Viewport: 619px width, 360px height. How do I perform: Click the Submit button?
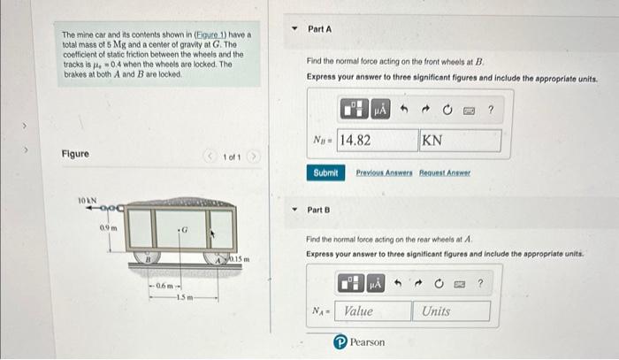click(x=325, y=172)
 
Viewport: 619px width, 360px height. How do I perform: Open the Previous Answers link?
click(x=384, y=172)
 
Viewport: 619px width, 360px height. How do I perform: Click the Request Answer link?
click(x=445, y=172)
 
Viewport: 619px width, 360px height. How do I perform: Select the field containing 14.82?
click(x=378, y=140)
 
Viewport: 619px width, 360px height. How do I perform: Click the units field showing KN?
click(x=461, y=140)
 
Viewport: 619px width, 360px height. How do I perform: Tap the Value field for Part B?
click(x=372, y=311)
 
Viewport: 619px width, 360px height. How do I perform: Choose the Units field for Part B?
click(x=451, y=311)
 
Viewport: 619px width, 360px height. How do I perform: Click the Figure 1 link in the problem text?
click(x=210, y=34)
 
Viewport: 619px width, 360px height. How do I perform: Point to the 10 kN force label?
click(x=88, y=201)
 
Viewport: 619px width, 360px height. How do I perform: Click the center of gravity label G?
click(x=184, y=229)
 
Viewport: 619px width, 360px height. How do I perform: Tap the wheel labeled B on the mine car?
click(x=147, y=257)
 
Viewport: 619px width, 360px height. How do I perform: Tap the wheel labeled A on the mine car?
click(x=218, y=258)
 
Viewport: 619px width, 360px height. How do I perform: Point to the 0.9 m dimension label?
click(x=108, y=227)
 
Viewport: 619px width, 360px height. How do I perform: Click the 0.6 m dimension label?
click(x=164, y=286)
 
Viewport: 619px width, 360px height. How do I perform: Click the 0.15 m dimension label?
click(x=240, y=259)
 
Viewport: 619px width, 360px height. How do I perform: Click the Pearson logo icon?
click(x=340, y=341)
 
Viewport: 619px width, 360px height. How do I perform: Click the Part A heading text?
click(x=320, y=29)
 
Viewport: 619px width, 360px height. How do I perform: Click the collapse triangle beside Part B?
click(x=294, y=210)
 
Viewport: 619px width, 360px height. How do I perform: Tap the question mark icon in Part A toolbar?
click(x=491, y=110)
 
